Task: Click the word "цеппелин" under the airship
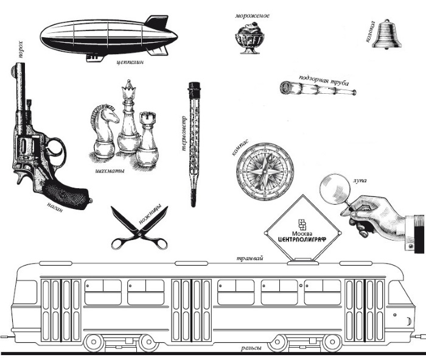tap(130, 62)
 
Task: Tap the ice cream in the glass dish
tap(250, 38)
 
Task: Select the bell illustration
tap(387, 34)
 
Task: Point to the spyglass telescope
tap(318, 88)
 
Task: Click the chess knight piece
tap(104, 131)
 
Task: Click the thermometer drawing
tap(194, 144)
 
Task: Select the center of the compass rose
tap(264, 172)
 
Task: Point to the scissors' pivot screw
tap(140, 233)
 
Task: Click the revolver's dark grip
tap(67, 194)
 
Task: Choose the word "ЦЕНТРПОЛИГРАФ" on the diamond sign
tap(302, 239)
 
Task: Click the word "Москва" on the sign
tap(302, 233)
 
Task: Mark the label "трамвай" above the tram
tap(250, 258)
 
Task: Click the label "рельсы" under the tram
tap(251, 348)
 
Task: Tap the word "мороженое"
tap(253, 16)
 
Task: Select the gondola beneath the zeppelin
tap(95, 58)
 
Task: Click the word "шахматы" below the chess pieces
tap(110, 171)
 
